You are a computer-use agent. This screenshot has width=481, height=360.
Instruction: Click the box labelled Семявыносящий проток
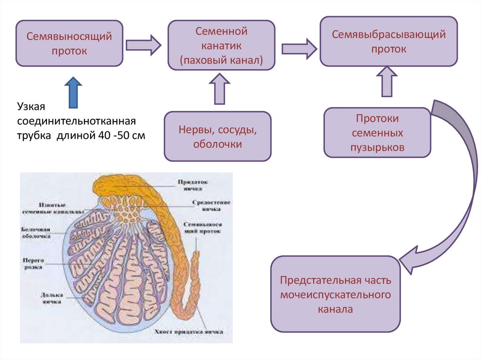(x=69, y=43)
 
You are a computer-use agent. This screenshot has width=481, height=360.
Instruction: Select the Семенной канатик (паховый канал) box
(x=221, y=46)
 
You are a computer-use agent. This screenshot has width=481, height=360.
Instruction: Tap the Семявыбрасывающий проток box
(x=388, y=41)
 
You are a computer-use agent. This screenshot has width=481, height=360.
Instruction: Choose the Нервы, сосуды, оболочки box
(x=217, y=137)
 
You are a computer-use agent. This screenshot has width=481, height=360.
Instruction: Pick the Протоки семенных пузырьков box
(x=377, y=133)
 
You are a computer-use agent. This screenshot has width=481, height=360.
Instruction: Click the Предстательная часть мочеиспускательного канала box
(x=335, y=294)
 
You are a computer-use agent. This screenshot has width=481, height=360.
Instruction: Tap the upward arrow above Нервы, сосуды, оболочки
(x=219, y=90)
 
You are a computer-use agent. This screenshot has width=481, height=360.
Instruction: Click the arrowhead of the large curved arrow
(x=409, y=260)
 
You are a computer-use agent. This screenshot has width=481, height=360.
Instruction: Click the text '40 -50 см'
(x=120, y=135)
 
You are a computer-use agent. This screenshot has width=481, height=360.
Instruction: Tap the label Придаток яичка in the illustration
(x=193, y=184)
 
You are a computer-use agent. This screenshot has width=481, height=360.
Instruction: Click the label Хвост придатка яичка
(x=188, y=331)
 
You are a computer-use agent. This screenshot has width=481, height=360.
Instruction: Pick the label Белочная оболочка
(x=36, y=233)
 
